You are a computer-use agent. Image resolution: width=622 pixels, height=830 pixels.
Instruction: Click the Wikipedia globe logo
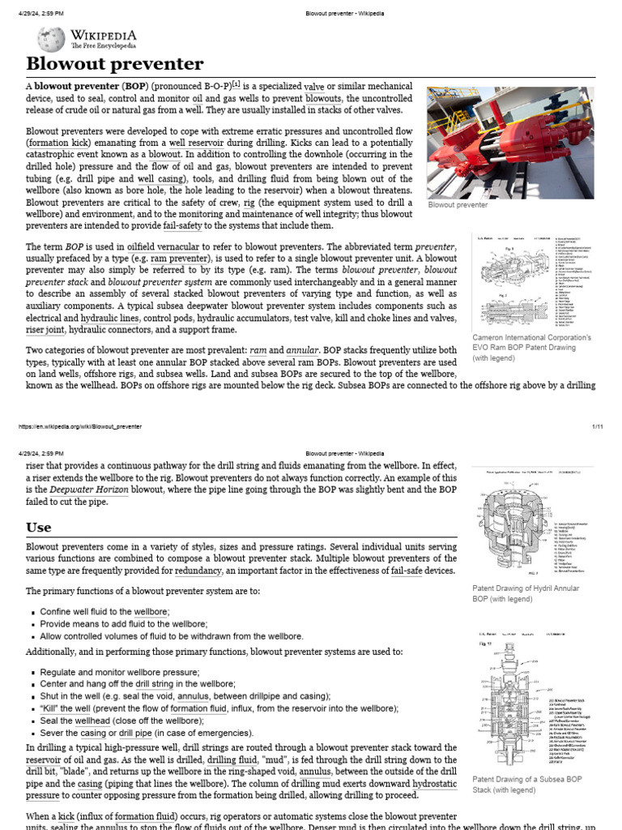click(x=51, y=39)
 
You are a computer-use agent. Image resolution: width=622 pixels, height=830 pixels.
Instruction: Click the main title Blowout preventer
click(x=115, y=64)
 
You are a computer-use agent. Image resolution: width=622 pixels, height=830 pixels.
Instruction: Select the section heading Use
click(x=38, y=528)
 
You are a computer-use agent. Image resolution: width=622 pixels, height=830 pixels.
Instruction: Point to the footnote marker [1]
click(x=236, y=84)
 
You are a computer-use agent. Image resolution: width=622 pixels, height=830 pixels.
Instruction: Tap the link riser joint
click(x=45, y=331)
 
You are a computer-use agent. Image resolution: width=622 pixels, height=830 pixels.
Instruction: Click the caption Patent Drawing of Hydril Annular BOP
click(x=525, y=593)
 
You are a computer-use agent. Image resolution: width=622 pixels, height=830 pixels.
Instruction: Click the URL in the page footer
click(x=79, y=426)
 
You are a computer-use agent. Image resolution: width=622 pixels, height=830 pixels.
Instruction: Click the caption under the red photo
click(x=458, y=205)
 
